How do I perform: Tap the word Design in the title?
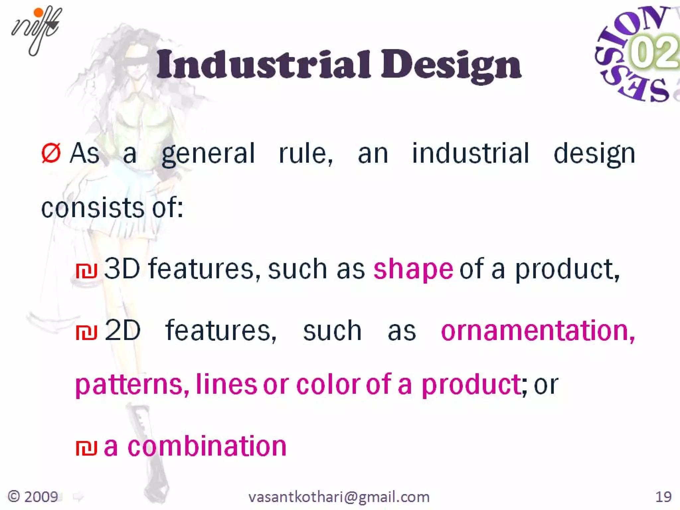[451, 65]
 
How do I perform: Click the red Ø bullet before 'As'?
[51, 153]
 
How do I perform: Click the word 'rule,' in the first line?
[305, 153]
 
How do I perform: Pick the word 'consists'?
[92, 208]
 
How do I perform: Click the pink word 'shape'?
[413, 269]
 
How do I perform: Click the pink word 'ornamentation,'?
[538, 331]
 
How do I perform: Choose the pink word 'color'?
[328, 384]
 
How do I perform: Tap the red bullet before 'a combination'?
[86, 448]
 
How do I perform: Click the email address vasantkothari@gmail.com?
[339, 497]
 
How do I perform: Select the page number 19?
[663, 497]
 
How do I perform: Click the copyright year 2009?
[41, 497]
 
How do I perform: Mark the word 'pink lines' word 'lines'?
[226, 384]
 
